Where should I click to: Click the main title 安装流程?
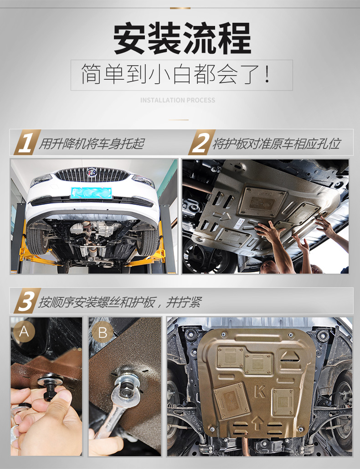click(x=182, y=39)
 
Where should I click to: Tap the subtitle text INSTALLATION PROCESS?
click(x=178, y=100)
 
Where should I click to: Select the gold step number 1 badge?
click(x=26, y=143)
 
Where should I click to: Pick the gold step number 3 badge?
click(x=26, y=301)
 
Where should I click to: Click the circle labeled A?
click(x=24, y=331)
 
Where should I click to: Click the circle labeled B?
click(x=103, y=332)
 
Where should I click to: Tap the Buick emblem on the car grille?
click(x=91, y=173)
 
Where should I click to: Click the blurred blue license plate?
click(x=91, y=193)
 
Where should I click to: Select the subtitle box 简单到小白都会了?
click(x=182, y=75)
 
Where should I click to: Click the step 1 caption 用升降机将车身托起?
click(x=92, y=144)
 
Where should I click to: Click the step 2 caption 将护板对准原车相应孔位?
click(x=276, y=144)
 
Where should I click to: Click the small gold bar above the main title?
click(x=180, y=8)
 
